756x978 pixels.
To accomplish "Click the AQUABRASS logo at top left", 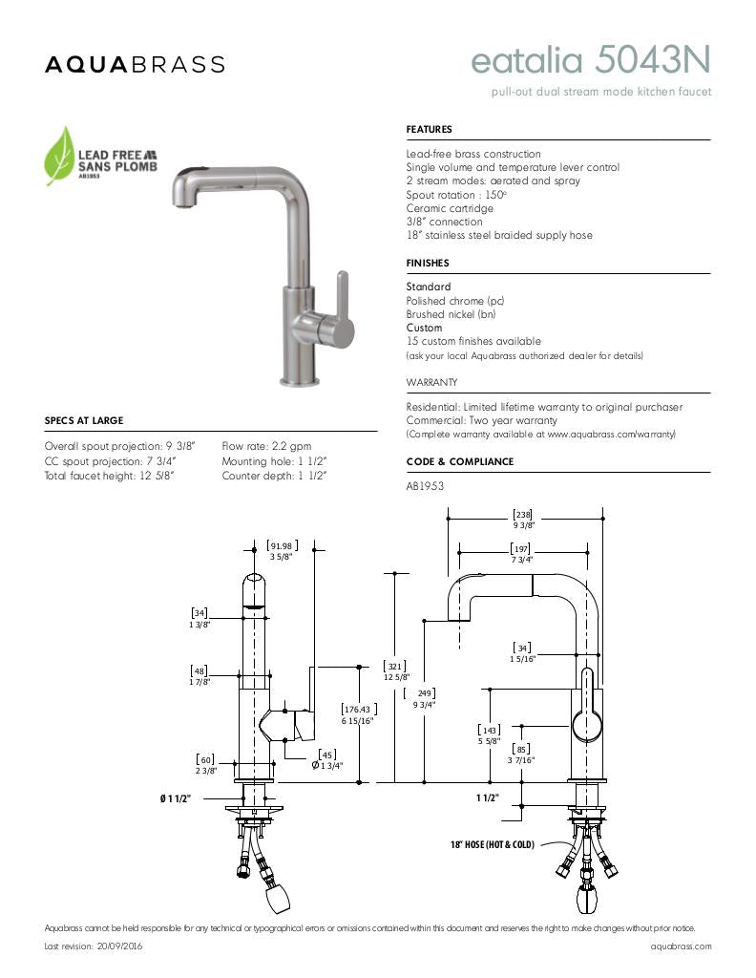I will [135, 64].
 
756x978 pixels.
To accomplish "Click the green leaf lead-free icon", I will [60, 155].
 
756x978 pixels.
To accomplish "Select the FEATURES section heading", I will [429, 129].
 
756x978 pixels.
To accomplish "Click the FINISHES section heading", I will [427, 263].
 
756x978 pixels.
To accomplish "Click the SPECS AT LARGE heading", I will [84, 420].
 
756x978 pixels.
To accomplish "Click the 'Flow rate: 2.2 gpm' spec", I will [266, 446].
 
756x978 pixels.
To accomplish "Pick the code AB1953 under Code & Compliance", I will [425, 486].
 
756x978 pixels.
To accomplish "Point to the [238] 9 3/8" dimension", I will [523, 519].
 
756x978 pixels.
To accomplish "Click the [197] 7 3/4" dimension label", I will [520, 554].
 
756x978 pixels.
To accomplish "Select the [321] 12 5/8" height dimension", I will [394, 671].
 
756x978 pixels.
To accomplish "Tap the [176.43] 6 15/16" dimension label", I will [359, 714].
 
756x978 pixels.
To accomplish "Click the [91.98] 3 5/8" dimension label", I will [280, 550].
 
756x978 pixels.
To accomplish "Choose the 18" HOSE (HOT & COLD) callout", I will [492, 845].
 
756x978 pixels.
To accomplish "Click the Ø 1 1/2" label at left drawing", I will [176, 797].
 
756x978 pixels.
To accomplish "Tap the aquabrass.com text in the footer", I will [681, 946].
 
